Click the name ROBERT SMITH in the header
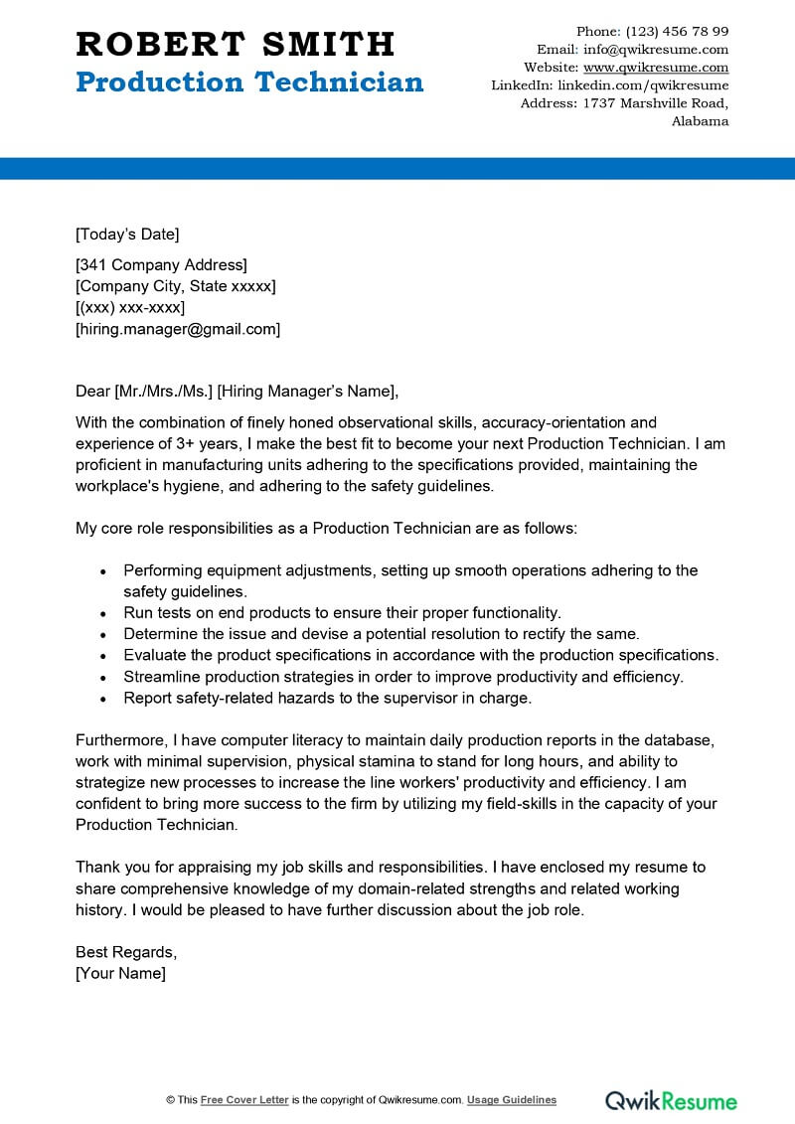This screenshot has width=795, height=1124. coord(236,44)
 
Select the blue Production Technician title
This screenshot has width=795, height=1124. coord(249,82)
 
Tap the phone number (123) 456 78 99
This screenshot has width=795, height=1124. coord(677,31)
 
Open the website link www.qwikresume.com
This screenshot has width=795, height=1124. coord(655,68)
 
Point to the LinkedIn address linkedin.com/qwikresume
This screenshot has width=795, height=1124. coord(642,85)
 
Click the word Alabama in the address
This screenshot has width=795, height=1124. coord(700,121)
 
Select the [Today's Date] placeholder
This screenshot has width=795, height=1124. coord(127,235)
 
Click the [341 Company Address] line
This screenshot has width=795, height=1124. coord(161,264)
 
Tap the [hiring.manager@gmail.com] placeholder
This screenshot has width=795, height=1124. coord(178,329)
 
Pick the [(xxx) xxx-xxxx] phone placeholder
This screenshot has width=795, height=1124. coord(130,307)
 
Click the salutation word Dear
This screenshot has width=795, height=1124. coord(92,391)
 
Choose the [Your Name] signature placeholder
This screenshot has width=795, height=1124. coord(120,973)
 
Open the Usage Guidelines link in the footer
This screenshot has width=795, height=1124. coord(512,1100)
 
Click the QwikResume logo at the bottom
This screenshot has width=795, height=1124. coord(672,1100)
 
